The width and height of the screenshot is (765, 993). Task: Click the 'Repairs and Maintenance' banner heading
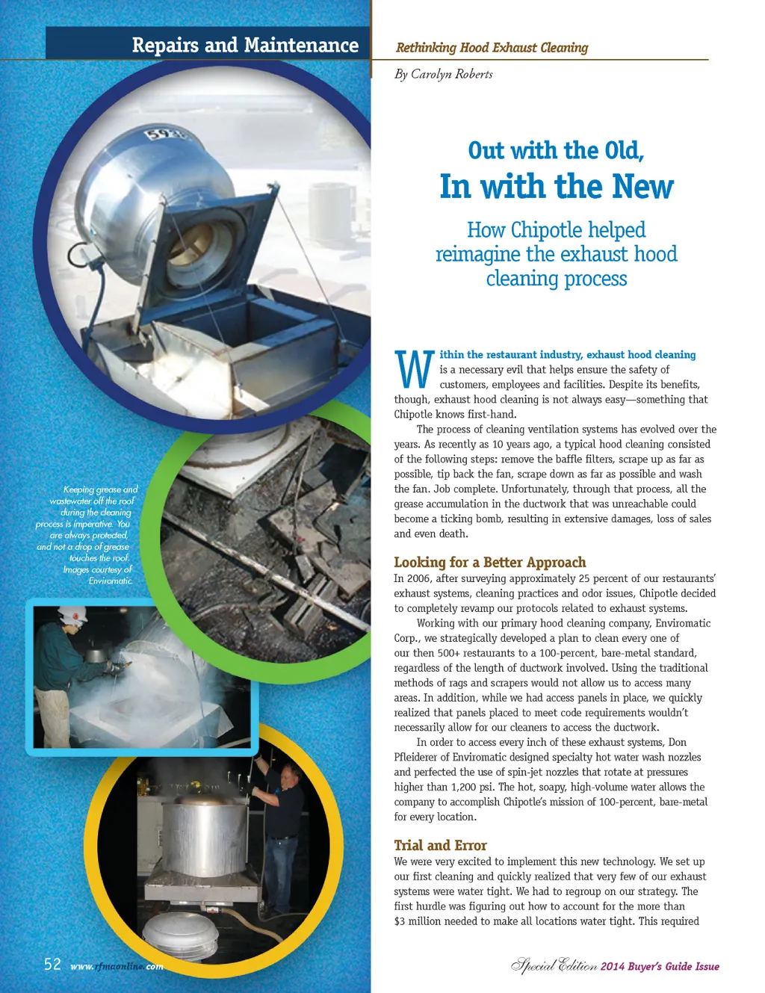tap(245, 45)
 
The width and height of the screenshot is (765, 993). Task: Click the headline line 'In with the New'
tap(557, 187)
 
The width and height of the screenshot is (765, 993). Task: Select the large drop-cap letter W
tap(413, 368)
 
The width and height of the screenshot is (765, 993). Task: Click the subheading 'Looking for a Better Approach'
tap(490, 563)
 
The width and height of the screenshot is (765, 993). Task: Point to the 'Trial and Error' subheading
tap(440, 845)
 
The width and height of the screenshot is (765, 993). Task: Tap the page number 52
tap(52, 965)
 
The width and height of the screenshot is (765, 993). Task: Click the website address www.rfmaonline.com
tap(117, 966)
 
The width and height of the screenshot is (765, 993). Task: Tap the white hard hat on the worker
tap(72, 614)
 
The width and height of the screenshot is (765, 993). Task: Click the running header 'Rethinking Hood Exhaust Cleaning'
tap(492, 48)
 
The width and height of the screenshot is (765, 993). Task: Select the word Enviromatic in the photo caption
tap(110, 581)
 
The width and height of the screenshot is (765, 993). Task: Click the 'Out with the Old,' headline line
tap(556, 151)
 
